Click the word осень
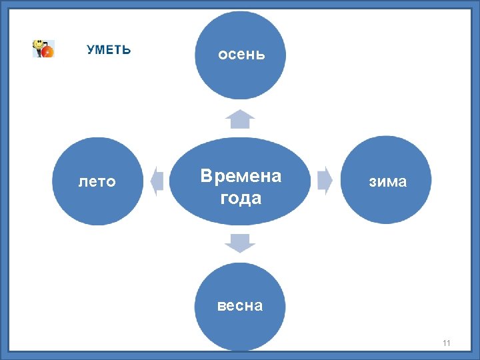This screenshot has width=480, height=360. [241, 55]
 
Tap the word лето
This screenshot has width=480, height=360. [97, 181]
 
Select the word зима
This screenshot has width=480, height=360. [387, 181]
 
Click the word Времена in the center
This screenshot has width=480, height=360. [241, 176]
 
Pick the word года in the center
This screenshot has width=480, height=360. [240, 198]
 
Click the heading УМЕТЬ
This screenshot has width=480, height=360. [109, 50]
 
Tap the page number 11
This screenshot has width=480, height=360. [446, 343]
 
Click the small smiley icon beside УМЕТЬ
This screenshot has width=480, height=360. [43, 49]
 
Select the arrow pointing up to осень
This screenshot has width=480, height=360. [240, 119]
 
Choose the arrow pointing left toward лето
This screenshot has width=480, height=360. [157, 181]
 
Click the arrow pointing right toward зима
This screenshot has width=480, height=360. [325, 181]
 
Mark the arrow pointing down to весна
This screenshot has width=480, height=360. [240, 243]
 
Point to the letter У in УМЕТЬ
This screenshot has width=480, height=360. [90, 50]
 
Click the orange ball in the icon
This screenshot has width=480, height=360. [47, 51]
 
